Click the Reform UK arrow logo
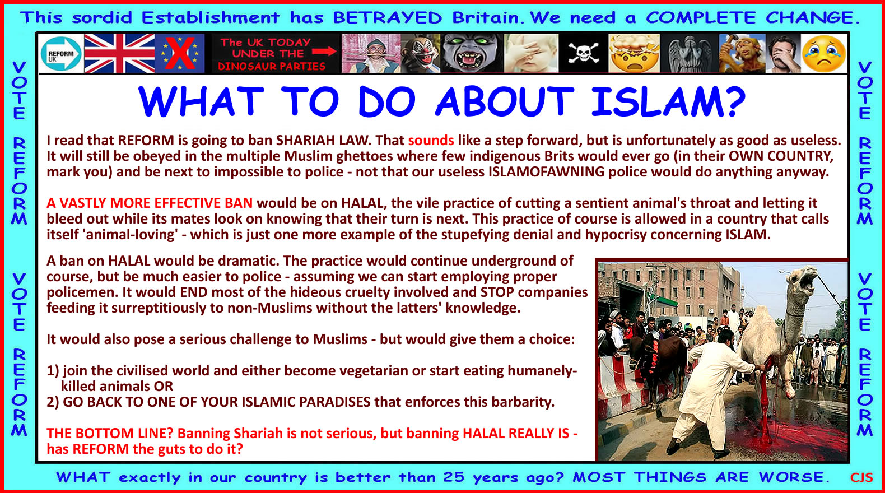(x=61, y=54)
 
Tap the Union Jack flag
(x=119, y=53)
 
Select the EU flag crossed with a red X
(x=180, y=53)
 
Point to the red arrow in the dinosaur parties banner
(x=324, y=52)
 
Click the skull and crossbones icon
(x=583, y=53)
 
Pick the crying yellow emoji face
(x=823, y=54)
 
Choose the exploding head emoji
(x=634, y=53)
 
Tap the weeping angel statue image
(x=690, y=53)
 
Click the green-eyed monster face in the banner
(x=471, y=53)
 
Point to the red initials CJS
(x=861, y=477)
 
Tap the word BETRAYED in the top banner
(x=387, y=18)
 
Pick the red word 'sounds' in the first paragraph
(x=431, y=140)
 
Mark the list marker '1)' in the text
(x=53, y=370)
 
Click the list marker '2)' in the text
(x=53, y=402)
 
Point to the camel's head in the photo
(x=802, y=279)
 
